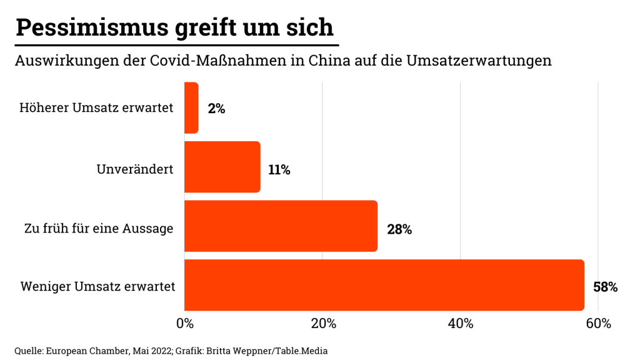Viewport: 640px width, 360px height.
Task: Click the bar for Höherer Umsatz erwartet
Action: [x=191, y=108]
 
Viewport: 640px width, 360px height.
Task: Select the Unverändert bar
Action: [x=222, y=167]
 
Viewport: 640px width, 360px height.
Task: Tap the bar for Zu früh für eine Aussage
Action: [x=281, y=226]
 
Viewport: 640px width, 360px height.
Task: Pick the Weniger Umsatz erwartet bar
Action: [x=384, y=285]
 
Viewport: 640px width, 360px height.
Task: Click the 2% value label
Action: [x=216, y=109]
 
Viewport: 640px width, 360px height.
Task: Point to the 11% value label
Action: [x=279, y=170]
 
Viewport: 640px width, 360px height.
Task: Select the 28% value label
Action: [x=399, y=229]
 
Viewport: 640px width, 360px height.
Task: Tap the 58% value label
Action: [x=605, y=287]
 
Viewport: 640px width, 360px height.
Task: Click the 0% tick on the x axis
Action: [x=185, y=324]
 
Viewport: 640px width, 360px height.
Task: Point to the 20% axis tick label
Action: [x=322, y=324]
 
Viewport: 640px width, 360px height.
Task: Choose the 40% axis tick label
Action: [x=461, y=324]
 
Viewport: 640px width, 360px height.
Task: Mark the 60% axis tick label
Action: [x=598, y=324]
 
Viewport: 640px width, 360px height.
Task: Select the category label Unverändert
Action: [x=134, y=169]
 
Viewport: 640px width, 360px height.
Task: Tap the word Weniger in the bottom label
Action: [x=46, y=287]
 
